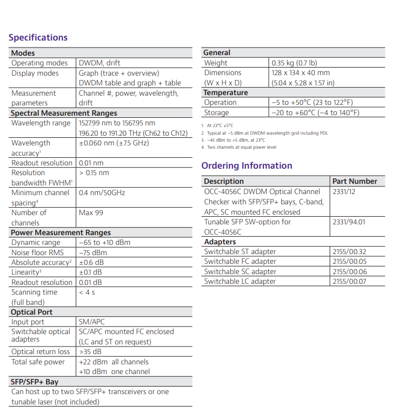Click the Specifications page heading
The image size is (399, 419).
coord(38,37)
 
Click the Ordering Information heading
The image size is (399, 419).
coord(247,165)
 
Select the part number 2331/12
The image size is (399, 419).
coord(344,191)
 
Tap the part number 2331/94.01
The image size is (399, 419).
coord(349,222)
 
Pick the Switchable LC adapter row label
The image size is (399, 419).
coord(240,281)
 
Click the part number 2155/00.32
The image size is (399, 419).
coord(349,251)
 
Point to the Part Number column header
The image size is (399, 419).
coord(355,181)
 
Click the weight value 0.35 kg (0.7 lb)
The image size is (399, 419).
coord(294,63)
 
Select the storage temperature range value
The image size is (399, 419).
coord(315,112)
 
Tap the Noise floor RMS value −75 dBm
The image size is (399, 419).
coord(92,252)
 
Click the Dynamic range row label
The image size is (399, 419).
coord(36,243)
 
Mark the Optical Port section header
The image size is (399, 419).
coord(31,312)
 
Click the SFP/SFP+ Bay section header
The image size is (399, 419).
coord(35,382)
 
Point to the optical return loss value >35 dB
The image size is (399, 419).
coord(90,352)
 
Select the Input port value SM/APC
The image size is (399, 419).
coord(92,322)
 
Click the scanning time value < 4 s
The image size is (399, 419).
coord(87,292)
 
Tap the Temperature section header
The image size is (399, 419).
coord(225,92)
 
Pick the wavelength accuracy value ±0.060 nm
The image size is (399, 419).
coord(114,143)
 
